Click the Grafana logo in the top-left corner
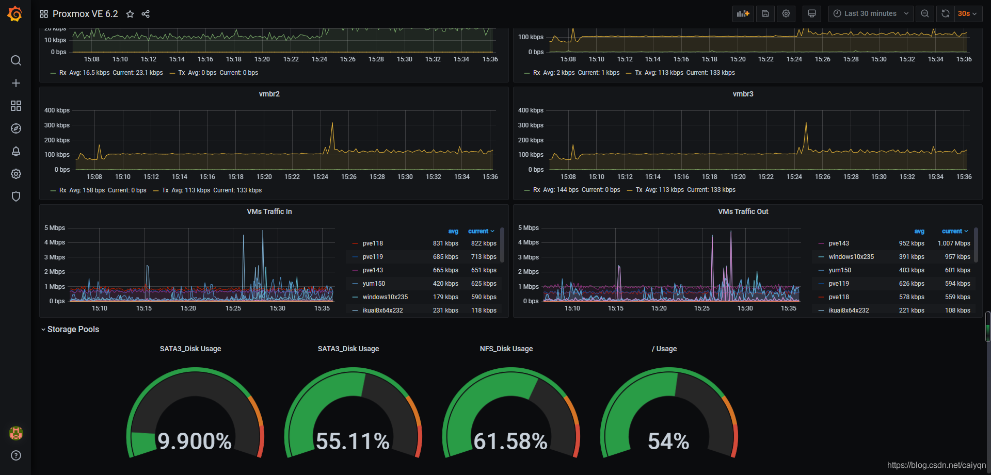pos(15,14)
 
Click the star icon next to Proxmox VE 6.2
pos(130,14)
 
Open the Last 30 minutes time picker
pos(870,14)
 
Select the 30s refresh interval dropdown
pos(967,14)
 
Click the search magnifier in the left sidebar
pos(16,60)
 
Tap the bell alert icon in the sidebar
pos(16,151)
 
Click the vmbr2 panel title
pos(269,94)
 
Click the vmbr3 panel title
pos(743,94)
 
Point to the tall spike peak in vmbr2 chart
pos(332,123)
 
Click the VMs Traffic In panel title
pos(269,211)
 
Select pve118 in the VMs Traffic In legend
pos(373,243)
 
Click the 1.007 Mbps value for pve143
pos(954,243)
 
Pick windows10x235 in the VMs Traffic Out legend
pos(851,257)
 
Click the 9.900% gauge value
pos(195,441)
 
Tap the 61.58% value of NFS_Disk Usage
pos(510,441)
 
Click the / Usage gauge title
pos(664,349)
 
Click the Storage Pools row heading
pos(73,329)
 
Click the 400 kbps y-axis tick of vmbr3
pos(531,110)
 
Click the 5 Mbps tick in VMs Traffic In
pos(55,228)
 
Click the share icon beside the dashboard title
pos(146,14)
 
